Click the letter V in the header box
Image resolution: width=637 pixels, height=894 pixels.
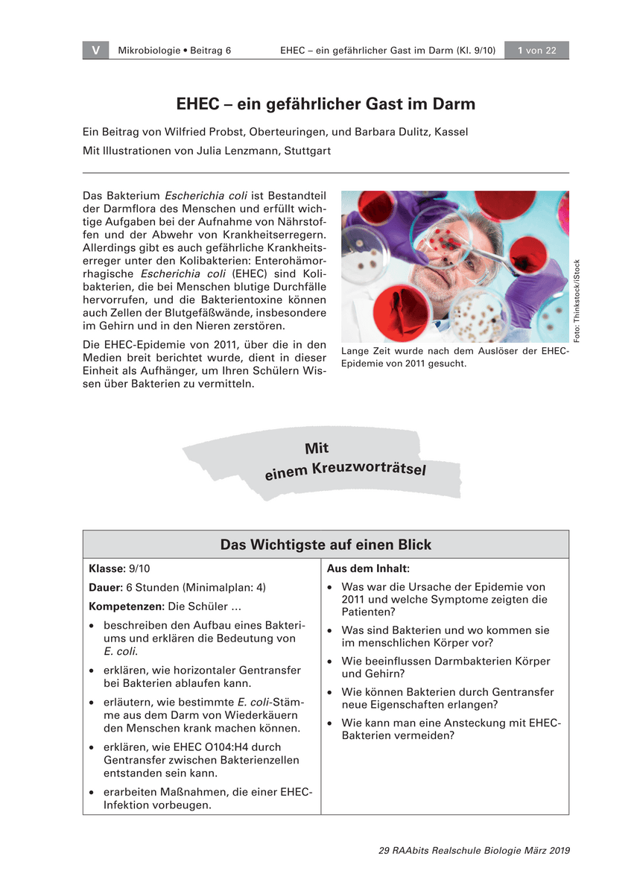(x=96, y=51)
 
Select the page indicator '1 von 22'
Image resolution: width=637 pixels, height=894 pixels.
(x=537, y=51)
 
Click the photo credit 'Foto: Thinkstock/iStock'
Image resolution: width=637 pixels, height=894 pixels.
(x=577, y=301)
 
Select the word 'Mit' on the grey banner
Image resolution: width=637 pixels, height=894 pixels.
(x=317, y=448)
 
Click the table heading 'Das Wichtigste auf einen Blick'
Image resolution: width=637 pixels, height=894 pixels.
(x=326, y=545)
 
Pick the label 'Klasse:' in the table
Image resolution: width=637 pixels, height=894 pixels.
(x=107, y=568)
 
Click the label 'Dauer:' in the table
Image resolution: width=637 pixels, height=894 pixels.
(x=106, y=587)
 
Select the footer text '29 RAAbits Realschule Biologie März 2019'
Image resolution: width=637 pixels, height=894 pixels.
(x=475, y=851)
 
